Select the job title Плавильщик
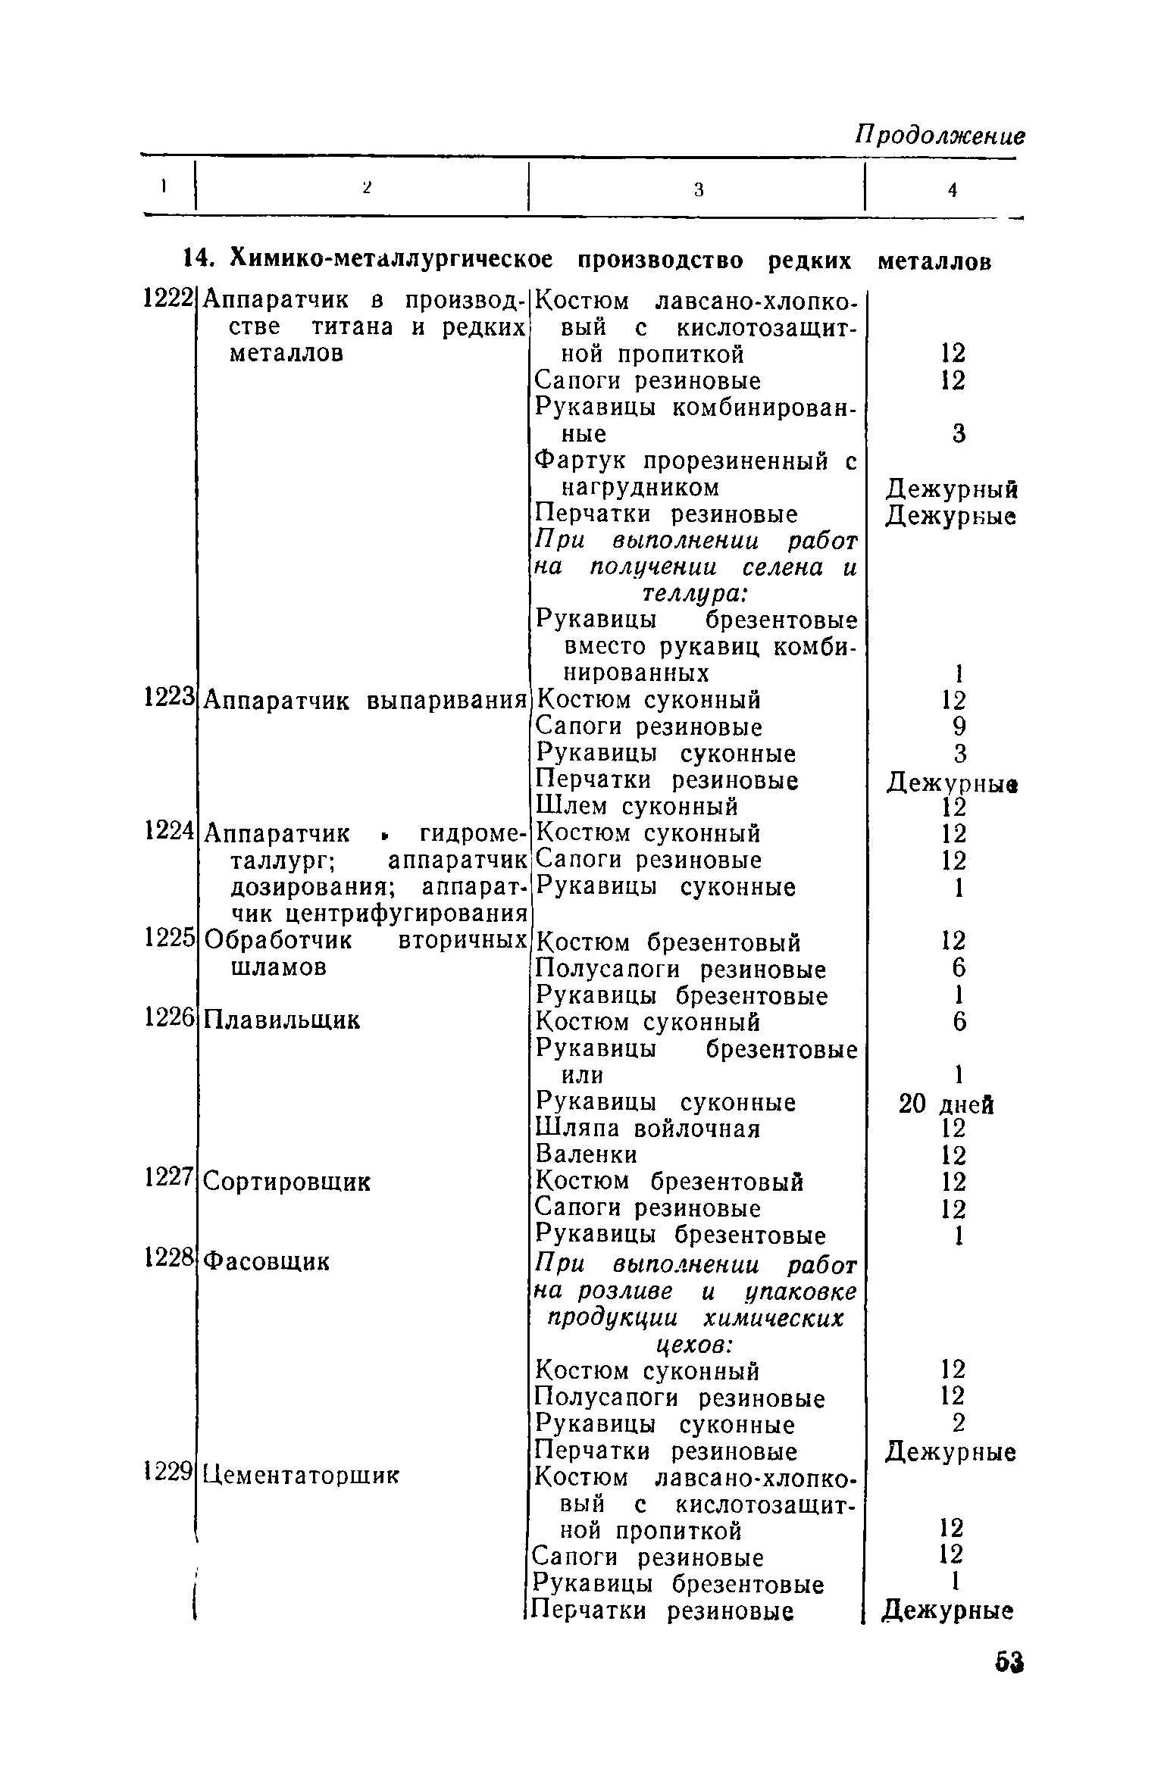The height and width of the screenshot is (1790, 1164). pos(282,1021)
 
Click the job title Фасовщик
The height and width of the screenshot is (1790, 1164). pos(267,1260)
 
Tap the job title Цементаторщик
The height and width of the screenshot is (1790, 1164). pos(301,1475)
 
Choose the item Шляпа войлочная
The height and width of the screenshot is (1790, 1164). pos(647,1129)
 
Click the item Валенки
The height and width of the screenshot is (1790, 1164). pos(586,1154)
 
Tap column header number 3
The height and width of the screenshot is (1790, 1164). pos(699,190)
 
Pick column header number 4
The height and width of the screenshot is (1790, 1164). pos(953,190)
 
